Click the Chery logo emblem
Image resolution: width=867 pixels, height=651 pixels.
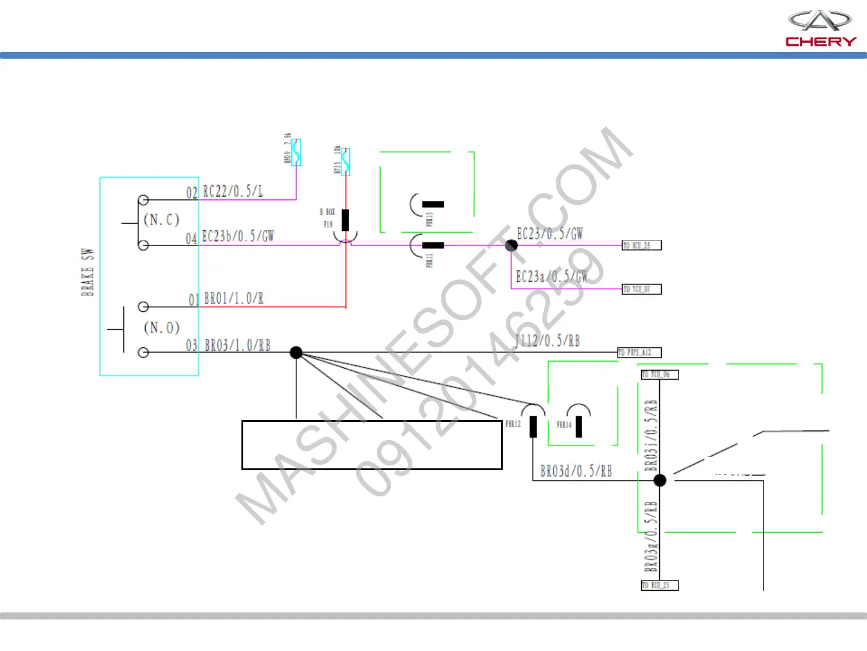point(820,21)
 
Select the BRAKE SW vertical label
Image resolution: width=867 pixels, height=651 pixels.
point(88,272)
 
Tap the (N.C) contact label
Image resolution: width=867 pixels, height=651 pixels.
point(161,219)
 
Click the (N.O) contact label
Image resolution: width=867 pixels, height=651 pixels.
point(161,328)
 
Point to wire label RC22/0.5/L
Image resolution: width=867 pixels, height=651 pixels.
point(232,192)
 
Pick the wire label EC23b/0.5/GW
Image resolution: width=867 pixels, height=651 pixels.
point(237,236)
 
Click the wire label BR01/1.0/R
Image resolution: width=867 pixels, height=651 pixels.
point(234,298)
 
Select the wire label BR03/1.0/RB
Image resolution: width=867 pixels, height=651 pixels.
point(237,345)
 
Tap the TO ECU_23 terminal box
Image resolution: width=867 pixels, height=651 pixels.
point(641,245)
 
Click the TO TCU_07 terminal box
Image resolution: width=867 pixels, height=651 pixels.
point(641,289)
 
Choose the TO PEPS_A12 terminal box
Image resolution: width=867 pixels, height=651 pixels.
point(639,353)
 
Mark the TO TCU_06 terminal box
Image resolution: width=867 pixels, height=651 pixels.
point(659,374)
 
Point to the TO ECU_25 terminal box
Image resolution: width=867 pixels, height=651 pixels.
point(659,585)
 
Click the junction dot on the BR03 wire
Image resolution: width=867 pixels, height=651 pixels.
point(296,353)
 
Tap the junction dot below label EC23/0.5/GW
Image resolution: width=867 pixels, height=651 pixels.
point(511,245)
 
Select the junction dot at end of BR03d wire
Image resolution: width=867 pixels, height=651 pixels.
point(660,480)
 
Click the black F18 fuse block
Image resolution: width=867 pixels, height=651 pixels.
point(345,220)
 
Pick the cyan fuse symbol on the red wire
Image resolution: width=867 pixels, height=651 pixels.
point(346,162)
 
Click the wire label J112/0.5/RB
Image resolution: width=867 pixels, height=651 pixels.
point(547,341)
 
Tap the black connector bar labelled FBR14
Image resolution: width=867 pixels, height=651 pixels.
point(579,426)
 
